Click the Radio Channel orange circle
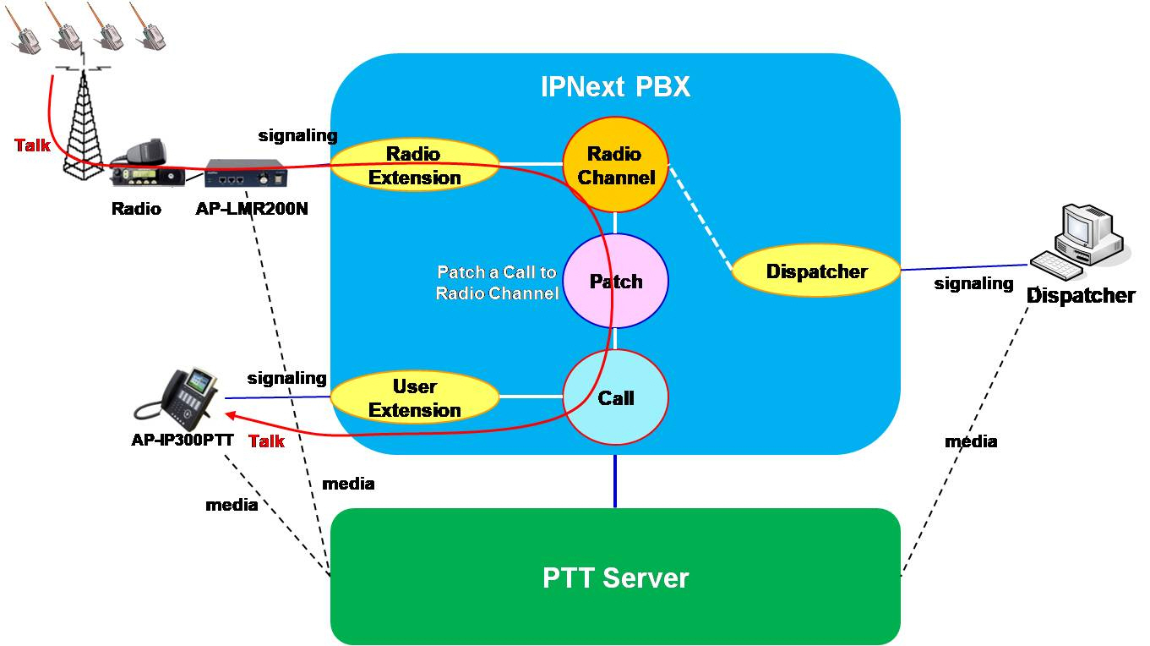[x=615, y=165]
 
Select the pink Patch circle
[x=615, y=282]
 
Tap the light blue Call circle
[x=615, y=397]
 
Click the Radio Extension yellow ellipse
[x=414, y=165]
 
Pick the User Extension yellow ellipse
[x=414, y=398]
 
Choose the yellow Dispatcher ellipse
[x=816, y=271]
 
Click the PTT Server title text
[x=615, y=578]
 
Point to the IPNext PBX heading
[x=615, y=87]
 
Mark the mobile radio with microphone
[x=145, y=165]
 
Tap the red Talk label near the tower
[x=32, y=145]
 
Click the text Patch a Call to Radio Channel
[x=497, y=283]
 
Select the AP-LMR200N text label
[x=252, y=209]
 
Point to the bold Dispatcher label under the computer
[x=1081, y=296]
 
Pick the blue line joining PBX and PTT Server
[x=615, y=482]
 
